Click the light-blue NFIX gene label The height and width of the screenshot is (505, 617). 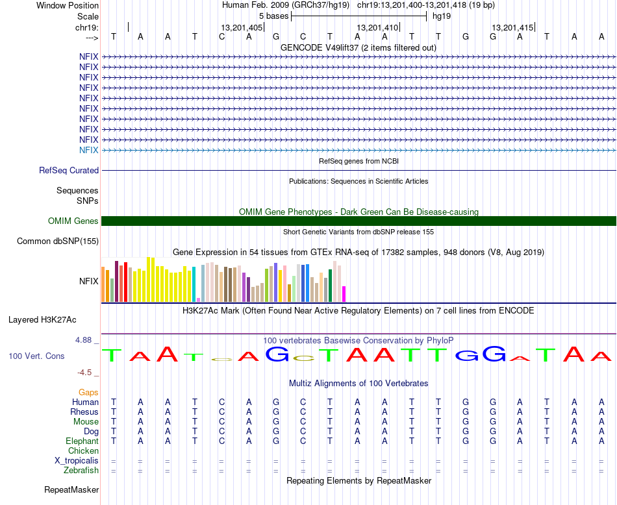pos(88,150)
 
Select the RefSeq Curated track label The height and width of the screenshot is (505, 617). pos(69,171)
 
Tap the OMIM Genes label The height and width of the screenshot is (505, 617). pos(73,221)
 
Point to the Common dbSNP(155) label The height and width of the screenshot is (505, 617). pos(58,241)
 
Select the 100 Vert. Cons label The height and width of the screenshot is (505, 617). pos(36,356)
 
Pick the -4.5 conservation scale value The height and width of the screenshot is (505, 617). pos(86,373)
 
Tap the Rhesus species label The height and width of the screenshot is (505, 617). pos(84,412)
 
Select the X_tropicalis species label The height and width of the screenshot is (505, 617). pos(77,461)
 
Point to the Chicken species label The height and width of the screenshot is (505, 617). pos(84,451)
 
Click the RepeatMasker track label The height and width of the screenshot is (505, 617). pos(71,489)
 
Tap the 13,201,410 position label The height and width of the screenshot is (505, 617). pos(377,28)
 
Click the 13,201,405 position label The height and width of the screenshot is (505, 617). pos(242,28)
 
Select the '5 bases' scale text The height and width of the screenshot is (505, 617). pos(273,16)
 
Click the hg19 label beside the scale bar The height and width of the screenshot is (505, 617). pos(441,16)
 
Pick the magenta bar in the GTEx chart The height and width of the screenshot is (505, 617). pos(344,294)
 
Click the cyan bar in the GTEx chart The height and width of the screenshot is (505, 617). pos(194,284)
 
